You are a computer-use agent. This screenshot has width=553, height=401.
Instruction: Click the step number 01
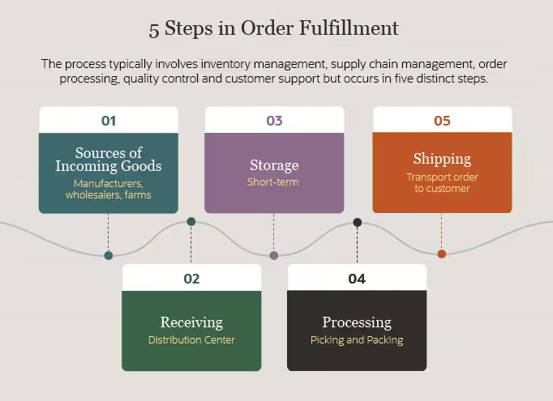coord(109,121)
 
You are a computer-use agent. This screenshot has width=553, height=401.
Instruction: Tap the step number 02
coord(191,279)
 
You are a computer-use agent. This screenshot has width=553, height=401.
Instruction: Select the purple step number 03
coord(274,121)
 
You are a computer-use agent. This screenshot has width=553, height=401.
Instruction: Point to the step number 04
coord(357,279)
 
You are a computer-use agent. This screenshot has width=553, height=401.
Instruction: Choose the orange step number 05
coord(442,121)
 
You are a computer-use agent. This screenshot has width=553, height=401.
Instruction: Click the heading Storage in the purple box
coord(274,165)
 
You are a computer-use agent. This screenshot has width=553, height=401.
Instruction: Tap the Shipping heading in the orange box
coord(442,159)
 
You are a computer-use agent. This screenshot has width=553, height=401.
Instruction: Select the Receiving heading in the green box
coord(191,322)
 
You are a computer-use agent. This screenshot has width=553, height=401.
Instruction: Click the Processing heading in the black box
coord(357,322)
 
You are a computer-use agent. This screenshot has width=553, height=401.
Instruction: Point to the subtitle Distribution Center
coord(191,340)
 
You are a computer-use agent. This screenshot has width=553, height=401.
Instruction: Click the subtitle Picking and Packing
coord(357,340)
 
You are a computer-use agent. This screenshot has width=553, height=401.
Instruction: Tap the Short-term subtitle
coord(273,182)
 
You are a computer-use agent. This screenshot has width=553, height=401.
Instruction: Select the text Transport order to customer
coord(442,182)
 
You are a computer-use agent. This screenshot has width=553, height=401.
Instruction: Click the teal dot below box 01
coord(109,255)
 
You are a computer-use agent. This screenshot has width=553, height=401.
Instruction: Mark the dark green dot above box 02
coord(191,222)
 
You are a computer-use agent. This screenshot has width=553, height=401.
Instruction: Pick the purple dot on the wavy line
coord(274,255)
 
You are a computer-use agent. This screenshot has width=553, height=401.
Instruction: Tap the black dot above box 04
coord(358,222)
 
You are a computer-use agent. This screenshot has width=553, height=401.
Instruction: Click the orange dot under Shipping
coord(442,254)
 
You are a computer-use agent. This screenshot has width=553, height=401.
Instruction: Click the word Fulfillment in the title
coord(349,28)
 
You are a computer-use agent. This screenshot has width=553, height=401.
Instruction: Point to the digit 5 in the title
coord(154,30)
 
